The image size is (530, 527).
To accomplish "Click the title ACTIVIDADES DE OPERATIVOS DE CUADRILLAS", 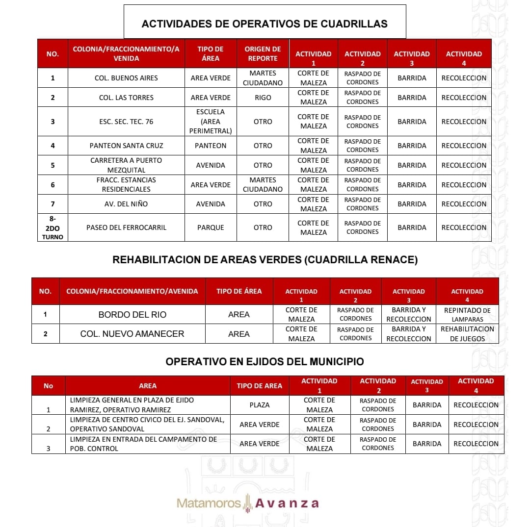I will click(x=265, y=24).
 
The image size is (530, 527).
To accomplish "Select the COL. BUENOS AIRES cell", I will click(x=126, y=78).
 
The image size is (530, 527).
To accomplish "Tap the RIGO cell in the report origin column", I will click(x=263, y=98).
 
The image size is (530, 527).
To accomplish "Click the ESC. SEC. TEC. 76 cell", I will click(x=126, y=122).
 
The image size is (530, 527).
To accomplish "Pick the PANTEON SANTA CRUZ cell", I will click(x=126, y=146).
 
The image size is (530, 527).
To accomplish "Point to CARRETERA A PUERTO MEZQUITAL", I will click(x=126, y=165).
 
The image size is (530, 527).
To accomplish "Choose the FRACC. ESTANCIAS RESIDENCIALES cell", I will click(x=126, y=185).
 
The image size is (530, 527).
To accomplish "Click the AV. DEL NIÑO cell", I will click(x=126, y=204).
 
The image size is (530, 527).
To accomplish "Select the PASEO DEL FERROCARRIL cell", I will click(x=126, y=227).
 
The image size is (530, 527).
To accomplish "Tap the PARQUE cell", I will click(x=211, y=227).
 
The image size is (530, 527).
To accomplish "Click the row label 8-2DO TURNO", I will click(x=53, y=227).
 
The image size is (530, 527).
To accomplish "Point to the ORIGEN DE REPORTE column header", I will click(x=263, y=53).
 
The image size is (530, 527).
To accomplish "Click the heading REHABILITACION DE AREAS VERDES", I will click(x=265, y=260).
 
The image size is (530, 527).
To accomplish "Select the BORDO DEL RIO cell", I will click(x=132, y=315).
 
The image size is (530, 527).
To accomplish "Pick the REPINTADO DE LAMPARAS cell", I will click(x=467, y=315).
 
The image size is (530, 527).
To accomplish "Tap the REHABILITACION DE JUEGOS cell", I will click(x=467, y=334).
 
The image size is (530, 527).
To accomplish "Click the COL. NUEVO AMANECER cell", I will click(x=132, y=334).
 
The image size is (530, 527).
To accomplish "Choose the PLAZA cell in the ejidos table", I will click(x=259, y=405).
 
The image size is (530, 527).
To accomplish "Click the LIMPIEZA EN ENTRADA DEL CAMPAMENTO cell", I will click(x=147, y=444).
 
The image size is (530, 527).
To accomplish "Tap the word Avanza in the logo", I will click(x=287, y=503).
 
